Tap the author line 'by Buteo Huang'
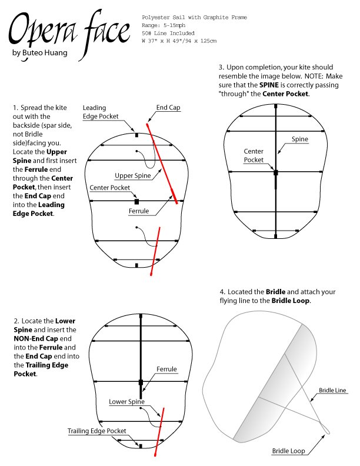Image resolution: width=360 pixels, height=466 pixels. (40, 54)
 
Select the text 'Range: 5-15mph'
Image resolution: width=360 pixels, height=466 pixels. (163, 26)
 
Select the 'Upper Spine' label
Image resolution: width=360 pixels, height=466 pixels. (132, 175)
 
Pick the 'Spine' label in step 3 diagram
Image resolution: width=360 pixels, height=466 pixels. (299, 139)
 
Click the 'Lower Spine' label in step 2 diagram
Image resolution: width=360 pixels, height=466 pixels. (126, 402)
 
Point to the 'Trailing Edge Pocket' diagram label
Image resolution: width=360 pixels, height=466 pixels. (96, 431)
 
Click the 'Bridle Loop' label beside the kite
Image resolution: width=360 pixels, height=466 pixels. (288, 451)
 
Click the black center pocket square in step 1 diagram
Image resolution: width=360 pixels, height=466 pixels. (136, 201)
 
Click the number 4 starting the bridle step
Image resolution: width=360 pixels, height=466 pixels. (222, 292)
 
